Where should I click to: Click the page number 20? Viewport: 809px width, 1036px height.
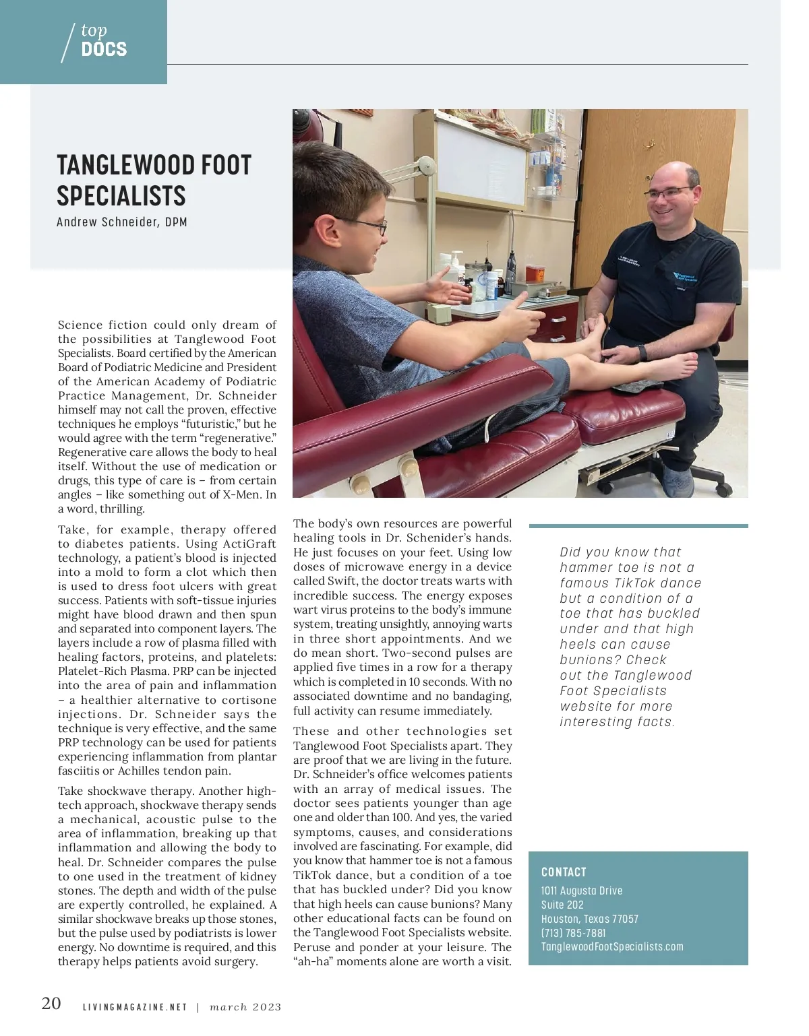[x=51, y=1004]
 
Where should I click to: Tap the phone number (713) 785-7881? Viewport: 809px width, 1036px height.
[x=573, y=933]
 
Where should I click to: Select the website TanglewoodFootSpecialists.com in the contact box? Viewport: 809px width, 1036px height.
[x=612, y=946]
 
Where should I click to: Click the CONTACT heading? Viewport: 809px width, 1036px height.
[x=564, y=872]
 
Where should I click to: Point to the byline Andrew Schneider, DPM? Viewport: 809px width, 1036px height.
[x=122, y=222]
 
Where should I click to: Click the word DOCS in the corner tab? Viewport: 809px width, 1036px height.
[x=104, y=49]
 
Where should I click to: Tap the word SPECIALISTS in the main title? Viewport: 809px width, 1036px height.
[x=121, y=196]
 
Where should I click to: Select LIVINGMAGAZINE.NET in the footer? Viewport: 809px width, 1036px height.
[x=135, y=1008]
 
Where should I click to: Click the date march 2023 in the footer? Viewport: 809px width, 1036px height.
[x=245, y=1008]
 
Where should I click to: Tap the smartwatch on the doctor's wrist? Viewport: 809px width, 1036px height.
[x=642, y=352]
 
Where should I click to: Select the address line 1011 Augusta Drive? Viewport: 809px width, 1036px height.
[x=582, y=891]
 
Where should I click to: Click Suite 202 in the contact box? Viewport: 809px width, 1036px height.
[x=562, y=905]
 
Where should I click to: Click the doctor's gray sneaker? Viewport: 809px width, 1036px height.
[x=678, y=481]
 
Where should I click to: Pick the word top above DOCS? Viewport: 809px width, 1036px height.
[x=94, y=30]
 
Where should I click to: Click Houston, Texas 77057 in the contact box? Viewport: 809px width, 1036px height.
[x=590, y=919]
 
